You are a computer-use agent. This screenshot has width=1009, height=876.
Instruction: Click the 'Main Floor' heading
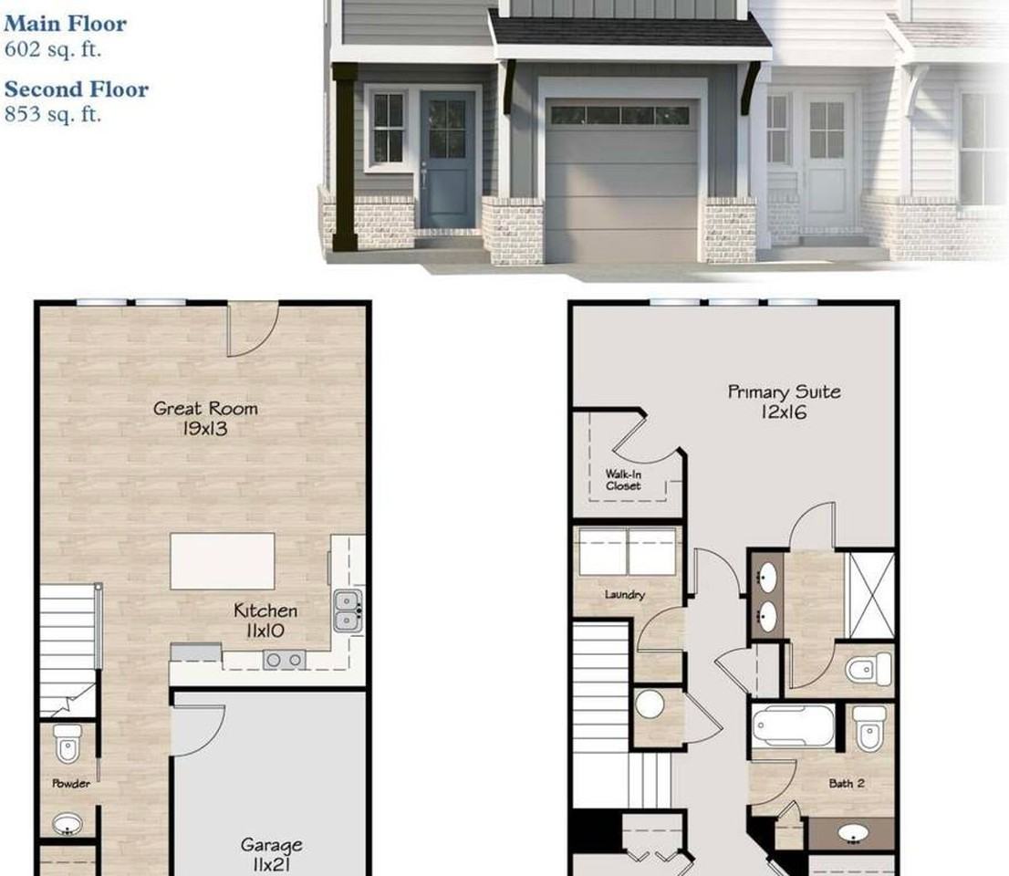point(65,24)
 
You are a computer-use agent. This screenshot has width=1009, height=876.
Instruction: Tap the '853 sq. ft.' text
point(53,114)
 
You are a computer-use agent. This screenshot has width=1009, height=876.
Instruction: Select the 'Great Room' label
point(205,408)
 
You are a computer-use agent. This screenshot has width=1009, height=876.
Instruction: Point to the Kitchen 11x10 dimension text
point(265,631)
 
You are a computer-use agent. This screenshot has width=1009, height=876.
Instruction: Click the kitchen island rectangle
point(222,560)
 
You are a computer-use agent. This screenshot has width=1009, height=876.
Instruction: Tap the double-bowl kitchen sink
point(348,610)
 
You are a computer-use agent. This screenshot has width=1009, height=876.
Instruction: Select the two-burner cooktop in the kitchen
point(284,660)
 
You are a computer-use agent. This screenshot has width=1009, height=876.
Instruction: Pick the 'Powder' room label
point(71,783)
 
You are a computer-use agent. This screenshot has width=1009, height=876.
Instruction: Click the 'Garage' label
point(272,844)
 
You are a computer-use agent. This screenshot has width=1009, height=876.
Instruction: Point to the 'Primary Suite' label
point(784,392)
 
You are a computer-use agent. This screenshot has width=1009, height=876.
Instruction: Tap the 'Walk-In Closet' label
point(623,479)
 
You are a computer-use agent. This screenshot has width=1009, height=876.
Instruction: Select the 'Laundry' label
point(624,594)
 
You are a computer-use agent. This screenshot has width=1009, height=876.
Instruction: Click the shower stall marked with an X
point(870,595)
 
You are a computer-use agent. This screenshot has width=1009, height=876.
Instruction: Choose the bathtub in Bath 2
point(793,726)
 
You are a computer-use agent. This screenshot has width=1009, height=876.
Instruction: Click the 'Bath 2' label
point(847,783)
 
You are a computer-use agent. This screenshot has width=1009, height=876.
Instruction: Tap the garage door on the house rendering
point(621,181)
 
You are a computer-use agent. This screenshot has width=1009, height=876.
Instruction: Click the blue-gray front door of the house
point(447,160)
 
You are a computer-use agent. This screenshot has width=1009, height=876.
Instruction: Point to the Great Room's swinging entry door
point(253,328)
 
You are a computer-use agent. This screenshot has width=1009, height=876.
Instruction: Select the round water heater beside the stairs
point(650,704)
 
